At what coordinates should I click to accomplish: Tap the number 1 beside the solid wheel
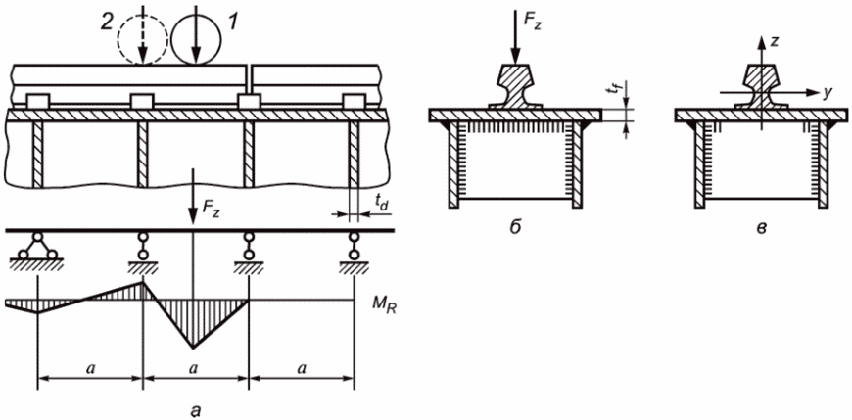click(232, 23)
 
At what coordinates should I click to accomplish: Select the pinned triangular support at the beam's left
click(36, 249)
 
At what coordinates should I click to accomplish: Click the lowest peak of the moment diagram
click(193, 348)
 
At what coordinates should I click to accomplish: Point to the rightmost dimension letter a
click(301, 367)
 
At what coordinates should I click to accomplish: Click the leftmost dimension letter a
click(89, 367)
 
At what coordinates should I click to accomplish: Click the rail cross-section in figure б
click(515, 86)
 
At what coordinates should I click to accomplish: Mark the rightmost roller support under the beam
click(354, 251)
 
